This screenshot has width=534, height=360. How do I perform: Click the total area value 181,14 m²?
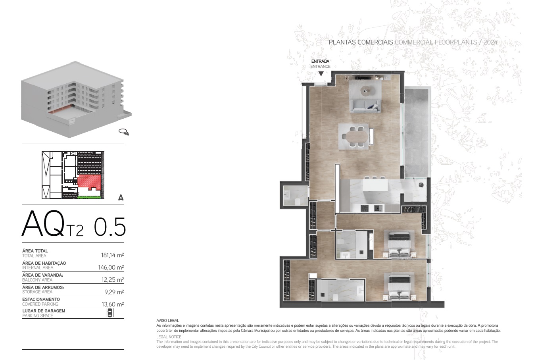pyautogui.click(x=112, y=255)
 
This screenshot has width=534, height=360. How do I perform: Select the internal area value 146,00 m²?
pyautogui.click(x=111, y=267)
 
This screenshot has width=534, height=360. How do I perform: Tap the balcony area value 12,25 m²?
pyautogui.click(x=113, y=279)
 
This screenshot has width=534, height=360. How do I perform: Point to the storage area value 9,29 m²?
pyautogui.click(x=114, y=292)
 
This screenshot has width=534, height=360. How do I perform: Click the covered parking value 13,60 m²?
pyautogui.click(x=113, y=304)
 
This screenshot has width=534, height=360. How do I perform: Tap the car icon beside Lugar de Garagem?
pyautogui.click(x=110, y=312)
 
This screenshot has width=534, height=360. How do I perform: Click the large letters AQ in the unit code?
pyautogui.click(x=43, y=223)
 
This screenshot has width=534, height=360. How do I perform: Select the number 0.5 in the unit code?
pyautogui.click(x=109, y=226)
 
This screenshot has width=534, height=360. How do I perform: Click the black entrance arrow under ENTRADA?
pyautogui.click(x=321, y=74)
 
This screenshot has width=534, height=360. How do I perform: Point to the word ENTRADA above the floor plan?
pyautogui.click(x=320, y=61)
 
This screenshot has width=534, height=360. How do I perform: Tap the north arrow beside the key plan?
pyautogui.click(x=121, y=197)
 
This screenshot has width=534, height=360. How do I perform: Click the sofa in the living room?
pyautogui.click(x=365, y=106)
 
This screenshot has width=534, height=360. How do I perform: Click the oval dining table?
pyautogui.click(x=357, y=136)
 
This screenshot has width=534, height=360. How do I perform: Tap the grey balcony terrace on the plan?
pyautogui.click(x=417, y=133)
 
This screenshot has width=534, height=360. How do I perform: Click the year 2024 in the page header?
pyautogui.click(x=491, y=42)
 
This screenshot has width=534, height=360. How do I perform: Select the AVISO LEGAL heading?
pyautogui.click(x=167, y=320)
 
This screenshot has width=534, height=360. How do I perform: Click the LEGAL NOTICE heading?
pyautogui.click(x=169, y=337)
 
